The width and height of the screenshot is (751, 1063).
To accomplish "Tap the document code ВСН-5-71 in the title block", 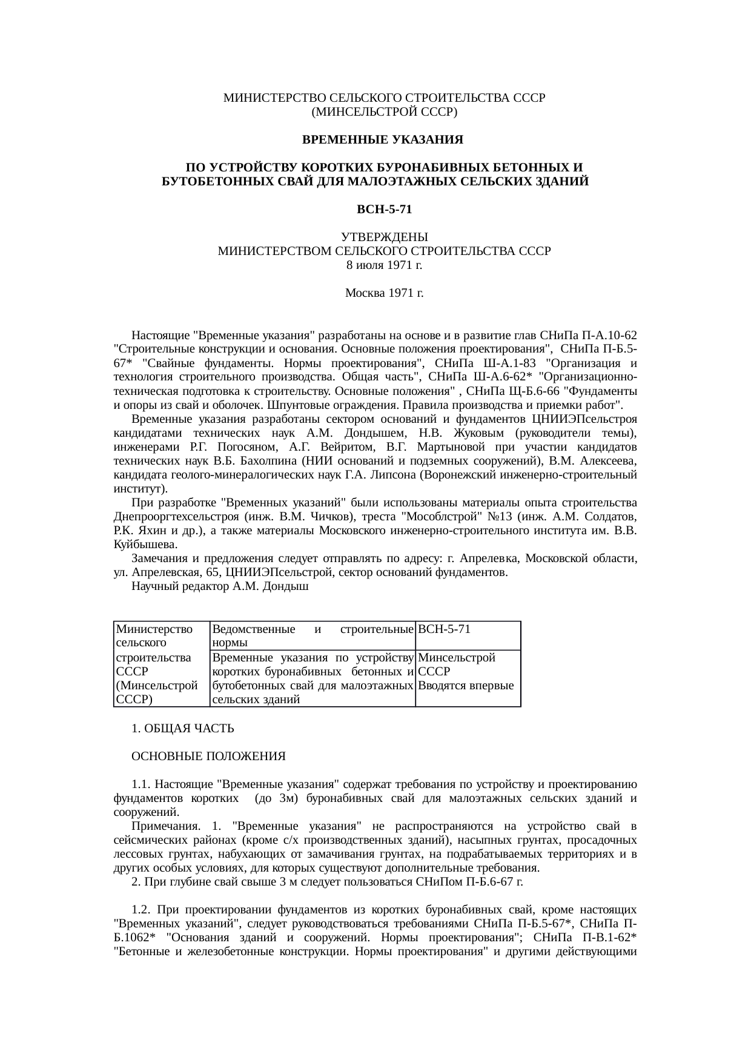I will coord(384,210).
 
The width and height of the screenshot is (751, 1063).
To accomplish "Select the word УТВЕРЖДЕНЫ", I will coord(384,237).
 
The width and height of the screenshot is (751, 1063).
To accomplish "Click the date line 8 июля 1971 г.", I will coord(384,265).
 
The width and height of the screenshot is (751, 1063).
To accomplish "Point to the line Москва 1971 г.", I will coord(384,293).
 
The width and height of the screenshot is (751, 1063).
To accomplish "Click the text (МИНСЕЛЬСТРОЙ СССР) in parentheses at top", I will coord(384,112).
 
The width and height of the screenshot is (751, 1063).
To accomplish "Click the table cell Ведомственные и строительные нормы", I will coord(313,635).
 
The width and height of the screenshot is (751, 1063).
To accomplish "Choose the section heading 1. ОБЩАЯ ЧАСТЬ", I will coord(182,728).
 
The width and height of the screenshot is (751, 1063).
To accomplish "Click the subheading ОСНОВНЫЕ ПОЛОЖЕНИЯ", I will coord(208,757).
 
